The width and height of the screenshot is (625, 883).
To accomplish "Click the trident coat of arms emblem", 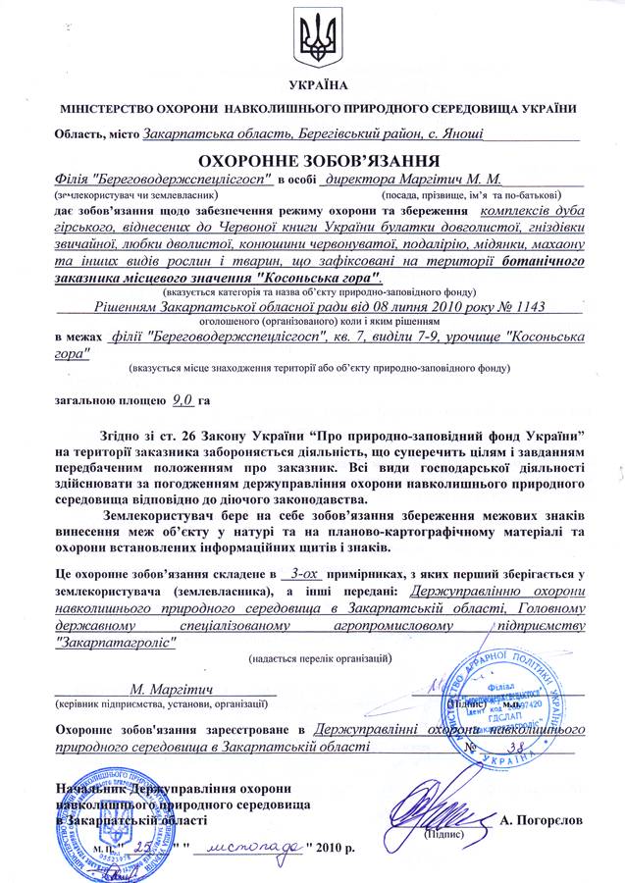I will coord(315,36).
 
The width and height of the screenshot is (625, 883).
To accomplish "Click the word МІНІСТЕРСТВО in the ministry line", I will coord(101,110).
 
